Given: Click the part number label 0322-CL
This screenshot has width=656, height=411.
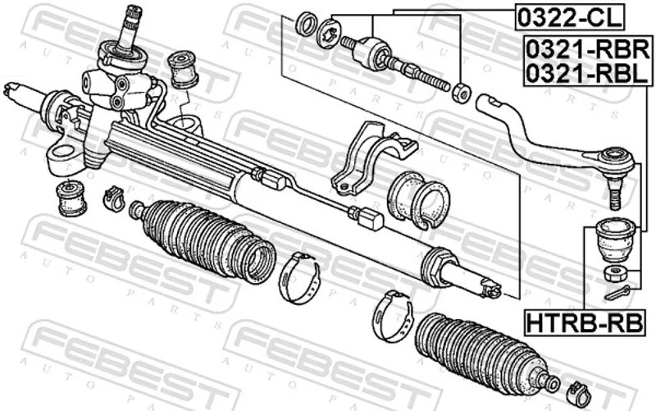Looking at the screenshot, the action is [569, 17].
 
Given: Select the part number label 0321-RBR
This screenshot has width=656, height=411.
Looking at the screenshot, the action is [588, 49].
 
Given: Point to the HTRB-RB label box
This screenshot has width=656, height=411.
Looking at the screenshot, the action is [585, 323].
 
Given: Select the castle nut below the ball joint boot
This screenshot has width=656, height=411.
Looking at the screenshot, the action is [615, 274].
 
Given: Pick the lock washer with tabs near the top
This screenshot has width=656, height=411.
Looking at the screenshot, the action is [330, 32].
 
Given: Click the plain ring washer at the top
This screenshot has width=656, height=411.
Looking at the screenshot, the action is [306, 24].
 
